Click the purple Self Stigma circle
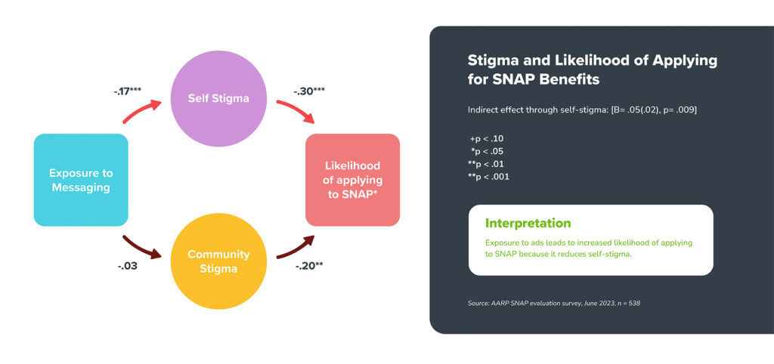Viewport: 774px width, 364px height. [x=218, y=98]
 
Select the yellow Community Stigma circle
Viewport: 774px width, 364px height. [x=218, y=261]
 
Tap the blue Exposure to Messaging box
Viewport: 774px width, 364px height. [x=81, y=180]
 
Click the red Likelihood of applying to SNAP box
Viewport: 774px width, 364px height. [x=352, y=180]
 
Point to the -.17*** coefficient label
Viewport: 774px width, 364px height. [x=128, y=91]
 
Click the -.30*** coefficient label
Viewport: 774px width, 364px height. [x=308, y=91]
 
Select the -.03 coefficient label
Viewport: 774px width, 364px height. [x=127, y=267]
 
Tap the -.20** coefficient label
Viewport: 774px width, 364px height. [x=309, y=267]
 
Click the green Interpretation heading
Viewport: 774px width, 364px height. [x=528, y=223]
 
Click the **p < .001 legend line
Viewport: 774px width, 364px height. [x=488, y=177]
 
